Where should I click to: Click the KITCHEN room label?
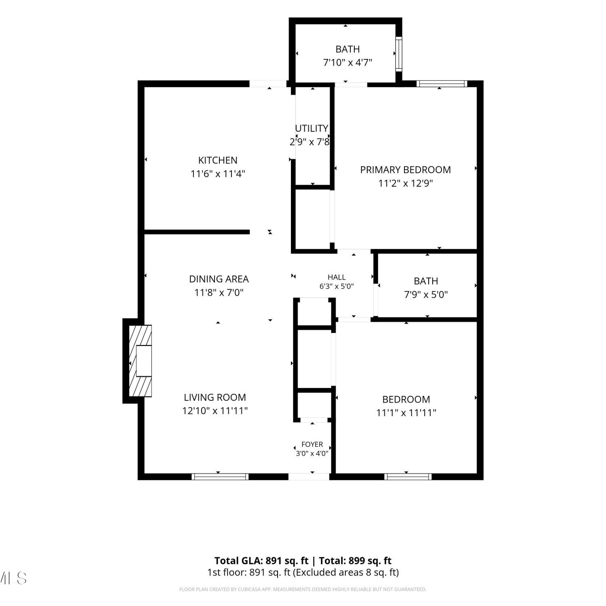coord(218,160)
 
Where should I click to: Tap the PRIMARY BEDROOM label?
coord(406,170)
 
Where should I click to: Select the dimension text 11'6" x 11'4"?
coord(218,174)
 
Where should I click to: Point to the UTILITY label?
coord(311,128)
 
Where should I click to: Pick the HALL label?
coord(337,277)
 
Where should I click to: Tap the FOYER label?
coord(312,444)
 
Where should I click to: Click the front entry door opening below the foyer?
coord(309,477)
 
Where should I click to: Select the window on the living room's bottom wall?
coord(220,477)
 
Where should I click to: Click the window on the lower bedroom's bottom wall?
coord(408,477)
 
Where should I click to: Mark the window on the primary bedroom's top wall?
coord(442,84)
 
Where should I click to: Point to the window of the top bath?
coord(399,54)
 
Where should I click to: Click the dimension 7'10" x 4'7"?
coord(347,63)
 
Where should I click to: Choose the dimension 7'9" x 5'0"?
coord(426,295)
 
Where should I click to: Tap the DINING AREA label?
coord(219,279)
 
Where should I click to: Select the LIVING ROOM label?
coord(215,397)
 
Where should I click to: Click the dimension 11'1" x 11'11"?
coord(406,412)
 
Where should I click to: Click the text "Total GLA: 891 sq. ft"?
coord(261,561)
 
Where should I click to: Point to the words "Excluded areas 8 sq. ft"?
coord(345,572)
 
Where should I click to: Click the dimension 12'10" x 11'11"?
coord(215,411)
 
